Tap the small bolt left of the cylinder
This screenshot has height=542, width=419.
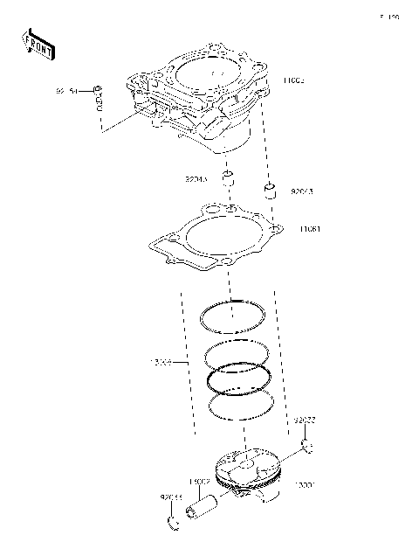[99, 98]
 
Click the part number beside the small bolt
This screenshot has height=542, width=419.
[67, 90]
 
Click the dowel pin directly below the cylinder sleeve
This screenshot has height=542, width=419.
[228, 180]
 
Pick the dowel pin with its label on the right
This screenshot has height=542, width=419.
[271, 190]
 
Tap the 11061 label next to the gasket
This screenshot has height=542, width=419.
[310, 230]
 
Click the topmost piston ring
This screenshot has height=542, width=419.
[232, 316]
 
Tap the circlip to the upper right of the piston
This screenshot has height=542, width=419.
[306, 448]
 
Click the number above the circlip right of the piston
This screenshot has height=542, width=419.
[304, 420]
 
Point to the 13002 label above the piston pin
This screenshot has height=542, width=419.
[198, 482]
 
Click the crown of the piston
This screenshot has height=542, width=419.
[248, 463]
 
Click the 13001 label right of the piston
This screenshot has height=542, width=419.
[303, 483]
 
